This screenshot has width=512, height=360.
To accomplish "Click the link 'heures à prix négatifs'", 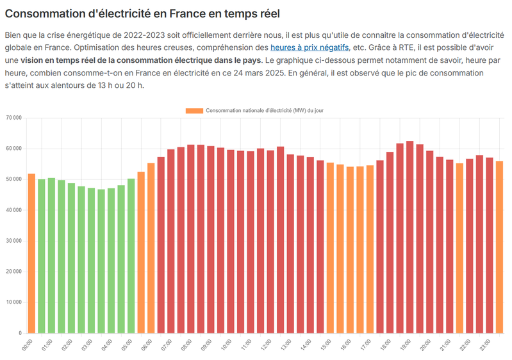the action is click(310, 47).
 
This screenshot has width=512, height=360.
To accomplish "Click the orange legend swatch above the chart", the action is click(194, 111).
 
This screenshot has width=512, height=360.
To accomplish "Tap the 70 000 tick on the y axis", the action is click(13, 118).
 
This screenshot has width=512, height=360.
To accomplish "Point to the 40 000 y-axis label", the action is click(13, 210).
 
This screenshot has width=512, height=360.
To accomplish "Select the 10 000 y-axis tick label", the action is click(13, 302).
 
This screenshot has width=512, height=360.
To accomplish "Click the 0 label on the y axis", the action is click(21, 333).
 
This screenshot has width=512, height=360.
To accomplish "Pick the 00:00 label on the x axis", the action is click(27, 345).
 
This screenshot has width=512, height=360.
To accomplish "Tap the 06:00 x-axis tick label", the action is click(147, 345).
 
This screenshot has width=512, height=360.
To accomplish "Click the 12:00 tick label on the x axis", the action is click(266, 345).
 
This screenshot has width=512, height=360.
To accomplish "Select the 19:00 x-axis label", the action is click(406, 345).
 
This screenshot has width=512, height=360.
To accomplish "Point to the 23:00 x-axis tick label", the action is click(485, 345).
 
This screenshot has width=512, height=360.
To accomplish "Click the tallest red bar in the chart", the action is click(409, 237).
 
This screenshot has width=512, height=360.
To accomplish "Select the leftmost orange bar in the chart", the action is click(31, 254).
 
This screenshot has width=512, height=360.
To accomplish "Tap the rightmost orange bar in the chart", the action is click(499, 247).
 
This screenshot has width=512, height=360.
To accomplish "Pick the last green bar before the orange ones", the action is click(131, 256).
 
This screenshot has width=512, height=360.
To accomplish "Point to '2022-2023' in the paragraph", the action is click(144, 35).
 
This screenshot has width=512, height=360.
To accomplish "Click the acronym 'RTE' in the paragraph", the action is click(406, 47).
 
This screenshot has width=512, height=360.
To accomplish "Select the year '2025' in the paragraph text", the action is click(275, 73).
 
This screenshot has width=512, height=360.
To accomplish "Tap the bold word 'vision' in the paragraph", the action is click(31, 60).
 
